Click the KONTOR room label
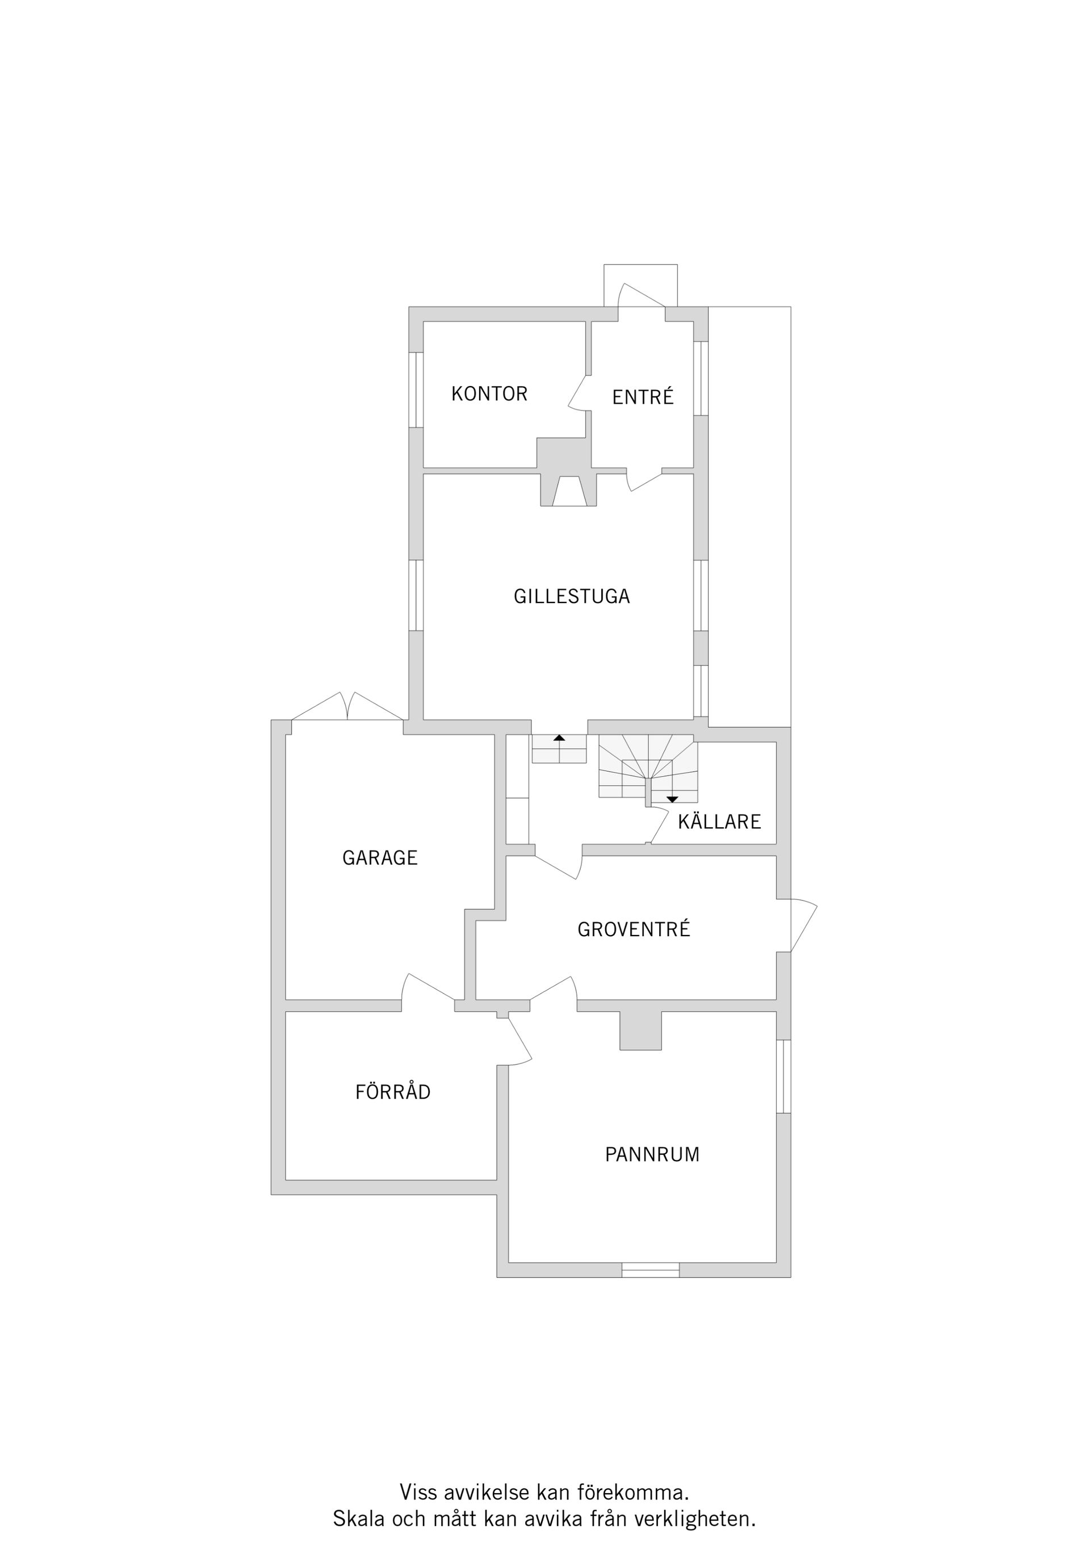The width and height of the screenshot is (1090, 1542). [489, 393]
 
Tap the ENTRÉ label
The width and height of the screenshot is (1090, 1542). [643, 397]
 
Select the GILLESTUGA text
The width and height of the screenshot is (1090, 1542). [572, 596]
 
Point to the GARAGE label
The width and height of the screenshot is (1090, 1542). [380, 858]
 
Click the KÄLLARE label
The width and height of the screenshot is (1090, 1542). [719, 821]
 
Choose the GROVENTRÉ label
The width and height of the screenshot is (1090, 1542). [634, 929]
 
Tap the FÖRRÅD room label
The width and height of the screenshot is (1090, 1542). [393, 1091]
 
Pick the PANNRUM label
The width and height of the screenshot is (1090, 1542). [652, 1154]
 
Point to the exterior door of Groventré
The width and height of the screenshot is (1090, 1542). [803, 925]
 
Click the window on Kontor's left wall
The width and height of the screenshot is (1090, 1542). [416, 389]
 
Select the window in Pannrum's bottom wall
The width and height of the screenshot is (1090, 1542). [650, 1269]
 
